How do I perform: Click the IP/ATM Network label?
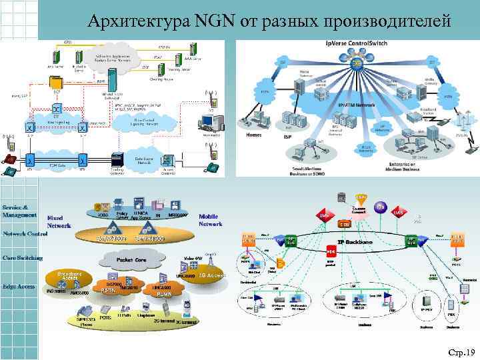359,105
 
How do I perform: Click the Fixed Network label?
59,221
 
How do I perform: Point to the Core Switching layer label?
22,257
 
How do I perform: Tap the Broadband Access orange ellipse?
69,277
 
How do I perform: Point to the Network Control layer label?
25,234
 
